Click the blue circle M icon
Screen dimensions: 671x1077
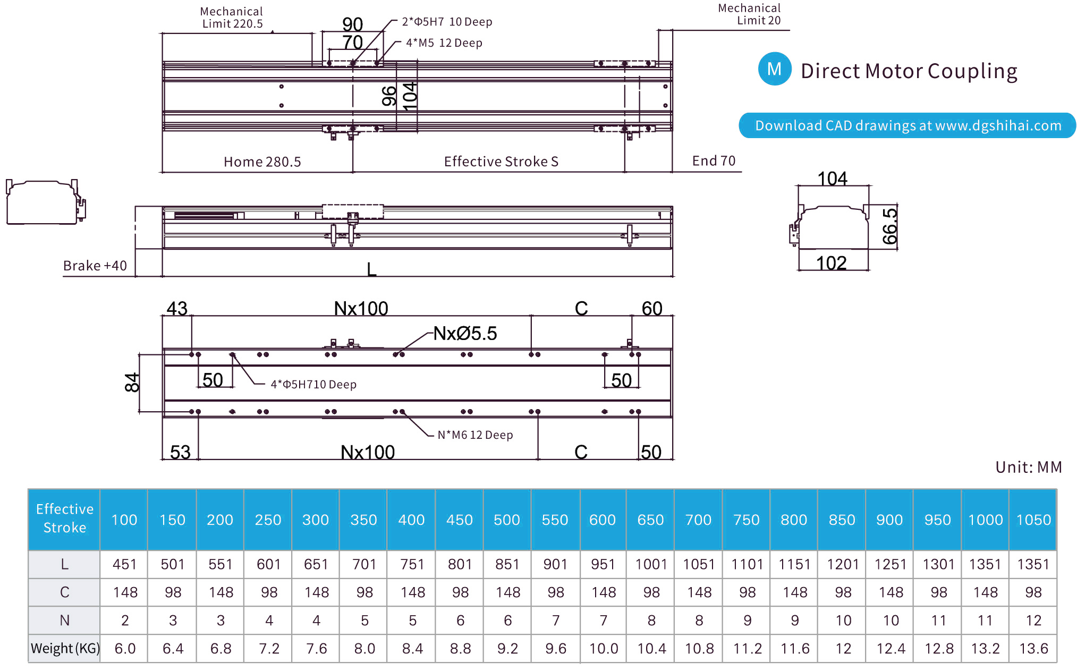774,69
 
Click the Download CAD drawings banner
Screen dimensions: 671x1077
907,125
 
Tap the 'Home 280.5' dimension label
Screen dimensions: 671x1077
262,162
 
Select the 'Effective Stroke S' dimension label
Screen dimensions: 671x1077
501,162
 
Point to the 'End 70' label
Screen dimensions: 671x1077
713,161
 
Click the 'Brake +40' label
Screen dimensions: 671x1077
95,266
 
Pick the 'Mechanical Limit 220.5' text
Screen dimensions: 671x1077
232,18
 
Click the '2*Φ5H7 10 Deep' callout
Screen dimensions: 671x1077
447,22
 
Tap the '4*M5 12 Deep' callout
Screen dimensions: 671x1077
444,43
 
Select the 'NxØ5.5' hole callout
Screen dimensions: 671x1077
465,334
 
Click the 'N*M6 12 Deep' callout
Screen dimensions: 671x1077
475,435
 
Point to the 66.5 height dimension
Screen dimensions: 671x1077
889,226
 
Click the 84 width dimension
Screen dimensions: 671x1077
132,383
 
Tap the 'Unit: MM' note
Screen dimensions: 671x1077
1028,467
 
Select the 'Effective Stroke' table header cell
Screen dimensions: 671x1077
64,519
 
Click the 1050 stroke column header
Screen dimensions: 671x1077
1033,520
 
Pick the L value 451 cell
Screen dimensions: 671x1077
124,564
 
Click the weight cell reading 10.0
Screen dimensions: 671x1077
603,649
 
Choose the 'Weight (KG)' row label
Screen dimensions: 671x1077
64,649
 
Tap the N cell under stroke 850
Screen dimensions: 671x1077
843,621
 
